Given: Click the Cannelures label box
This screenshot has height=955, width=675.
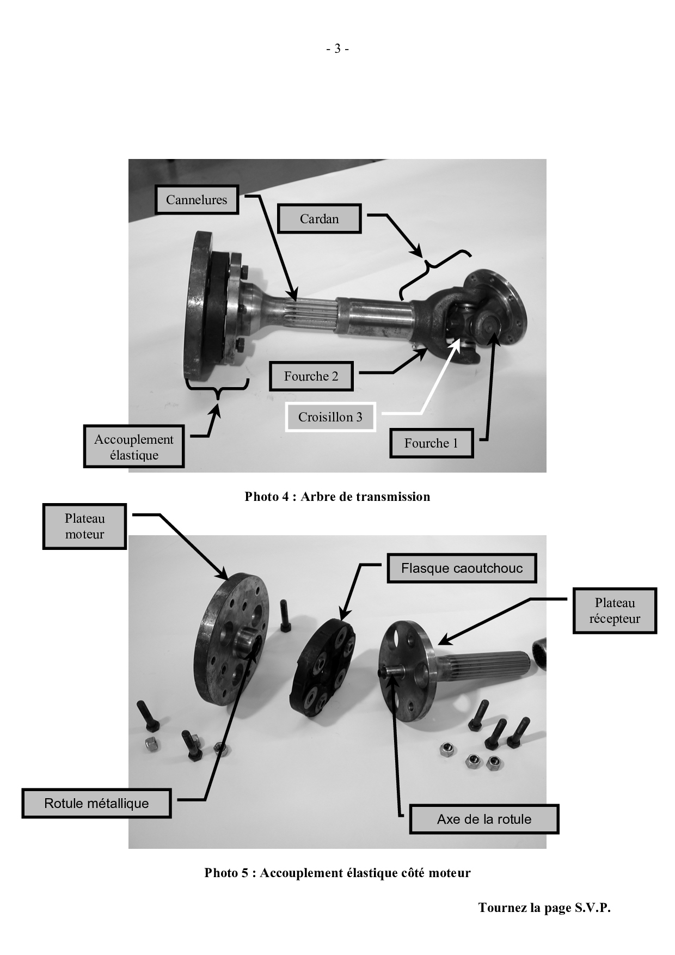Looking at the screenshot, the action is click(x=197, y=200).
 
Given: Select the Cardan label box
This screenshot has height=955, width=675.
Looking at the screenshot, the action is click(x=319, y=219).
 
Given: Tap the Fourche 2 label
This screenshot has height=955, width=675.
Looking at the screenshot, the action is click(x=311, y=376).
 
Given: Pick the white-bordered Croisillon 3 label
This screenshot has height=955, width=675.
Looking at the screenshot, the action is click(x=330, y=417).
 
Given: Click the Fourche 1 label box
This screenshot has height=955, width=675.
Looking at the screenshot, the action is click(x=431, y=443).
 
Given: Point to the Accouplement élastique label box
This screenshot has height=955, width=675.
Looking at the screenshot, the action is click(x=134, y=447).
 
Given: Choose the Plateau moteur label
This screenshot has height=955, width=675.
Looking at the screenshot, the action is click(x=84, y=527).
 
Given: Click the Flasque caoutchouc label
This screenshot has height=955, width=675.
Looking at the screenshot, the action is click(x=462, y=568).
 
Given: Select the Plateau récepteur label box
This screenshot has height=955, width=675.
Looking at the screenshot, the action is click(x=615, y=611).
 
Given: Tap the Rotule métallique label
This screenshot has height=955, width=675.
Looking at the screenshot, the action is click(x=96, y=803).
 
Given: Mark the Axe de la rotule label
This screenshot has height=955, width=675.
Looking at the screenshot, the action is click(x=484, y=819).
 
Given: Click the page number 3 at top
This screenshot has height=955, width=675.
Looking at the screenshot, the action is click(x=337, y=49).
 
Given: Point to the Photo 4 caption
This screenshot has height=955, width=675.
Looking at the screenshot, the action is click(x=337, y=497).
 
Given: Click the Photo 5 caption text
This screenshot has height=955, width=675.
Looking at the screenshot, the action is click(x=337, y=873).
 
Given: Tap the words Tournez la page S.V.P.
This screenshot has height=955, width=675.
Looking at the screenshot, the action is click(x=544, y=908).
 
